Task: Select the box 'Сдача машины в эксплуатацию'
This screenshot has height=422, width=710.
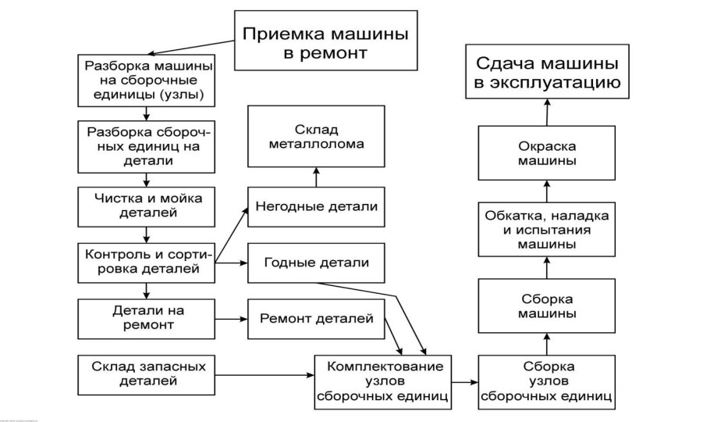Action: (x=548, y=72)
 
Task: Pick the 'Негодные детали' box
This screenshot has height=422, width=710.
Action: (x=316, y=206)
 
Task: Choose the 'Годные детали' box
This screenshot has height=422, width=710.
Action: (x=316, y=263)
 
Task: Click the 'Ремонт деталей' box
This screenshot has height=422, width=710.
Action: (x=316, y=319)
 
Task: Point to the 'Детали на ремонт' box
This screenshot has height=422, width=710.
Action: (x=147, y=317)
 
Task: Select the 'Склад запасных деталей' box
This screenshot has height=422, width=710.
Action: (x=147, y=374)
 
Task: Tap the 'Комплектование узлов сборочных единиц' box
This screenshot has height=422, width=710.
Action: (x=385, y=381)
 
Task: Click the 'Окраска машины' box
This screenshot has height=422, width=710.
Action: (x=547, y=153)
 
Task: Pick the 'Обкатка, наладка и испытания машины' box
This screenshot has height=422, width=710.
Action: (x=547, y=230)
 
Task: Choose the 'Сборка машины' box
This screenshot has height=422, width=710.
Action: (x=547, y=306)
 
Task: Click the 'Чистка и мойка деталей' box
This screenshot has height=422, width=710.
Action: (x=147, y=205)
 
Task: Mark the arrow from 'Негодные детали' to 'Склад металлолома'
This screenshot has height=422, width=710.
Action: (x=316, y=177)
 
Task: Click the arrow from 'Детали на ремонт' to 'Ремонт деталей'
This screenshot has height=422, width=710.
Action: (x=230, y=319)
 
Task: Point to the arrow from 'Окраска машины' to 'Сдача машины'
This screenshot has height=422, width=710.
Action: (x=547, y=113)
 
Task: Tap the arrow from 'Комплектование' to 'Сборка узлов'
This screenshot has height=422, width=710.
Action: (x=465, y=382)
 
